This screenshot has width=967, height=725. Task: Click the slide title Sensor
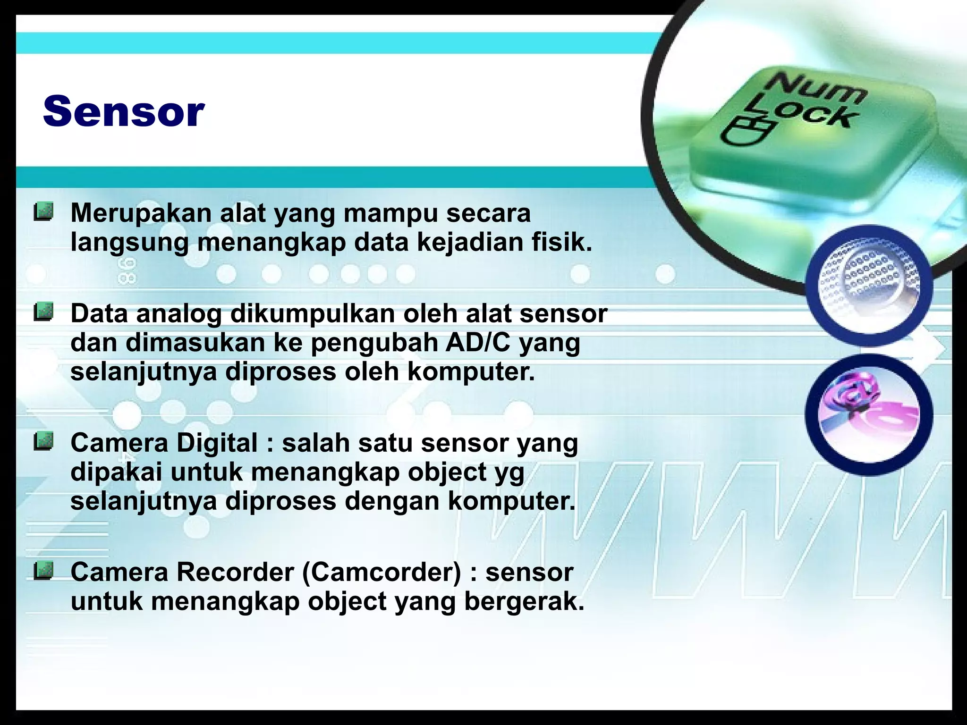pos(124,111)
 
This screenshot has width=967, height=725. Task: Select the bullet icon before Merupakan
pos(43,211)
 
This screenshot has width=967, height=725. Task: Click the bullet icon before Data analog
pos(43,312)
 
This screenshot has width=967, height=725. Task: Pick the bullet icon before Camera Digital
pos(43,442)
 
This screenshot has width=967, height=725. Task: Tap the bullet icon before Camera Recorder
pos(43,571)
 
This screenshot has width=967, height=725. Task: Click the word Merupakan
pos(141,213)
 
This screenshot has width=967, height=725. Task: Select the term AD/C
pos(477,343)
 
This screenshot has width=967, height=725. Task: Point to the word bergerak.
pos(524,602)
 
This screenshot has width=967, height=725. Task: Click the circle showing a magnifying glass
pos(869,286)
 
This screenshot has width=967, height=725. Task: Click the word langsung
pos(129,243)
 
